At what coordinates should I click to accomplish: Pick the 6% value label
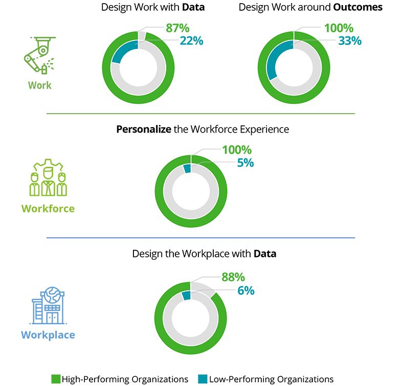point(245,291)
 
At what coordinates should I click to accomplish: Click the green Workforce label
point(48,208)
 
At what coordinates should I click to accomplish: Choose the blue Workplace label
point(48,335)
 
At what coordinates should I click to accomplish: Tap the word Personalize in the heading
point(144,129)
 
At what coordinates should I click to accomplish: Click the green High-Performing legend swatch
point(56,379)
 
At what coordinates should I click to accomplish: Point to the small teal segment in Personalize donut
point(187,168)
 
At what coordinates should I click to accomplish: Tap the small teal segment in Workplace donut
point(186,295)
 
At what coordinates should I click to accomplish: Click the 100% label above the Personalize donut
point(236,150)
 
